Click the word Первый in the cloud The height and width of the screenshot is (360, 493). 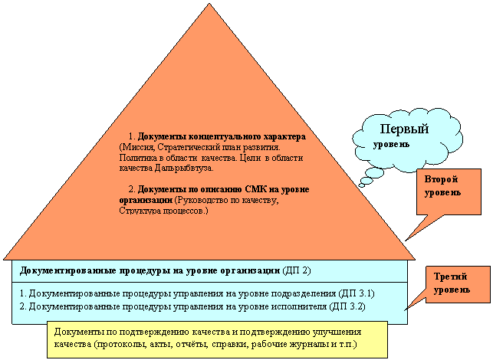coord(404,129)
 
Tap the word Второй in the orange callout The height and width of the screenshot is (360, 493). coord(441,180)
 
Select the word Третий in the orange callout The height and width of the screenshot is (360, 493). coord(451,277)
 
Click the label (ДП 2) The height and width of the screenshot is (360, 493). coord(297,270)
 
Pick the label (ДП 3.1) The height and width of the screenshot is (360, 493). coord(357,293)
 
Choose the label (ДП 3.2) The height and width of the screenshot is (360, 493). coord(347,306)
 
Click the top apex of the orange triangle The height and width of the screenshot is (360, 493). coord(209,4)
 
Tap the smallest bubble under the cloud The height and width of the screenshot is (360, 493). coord(362,185)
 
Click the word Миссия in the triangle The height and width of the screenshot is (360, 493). coord(137,147)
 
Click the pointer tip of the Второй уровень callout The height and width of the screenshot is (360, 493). coord(406,241)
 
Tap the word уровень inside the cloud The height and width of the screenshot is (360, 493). coord(391,145)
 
